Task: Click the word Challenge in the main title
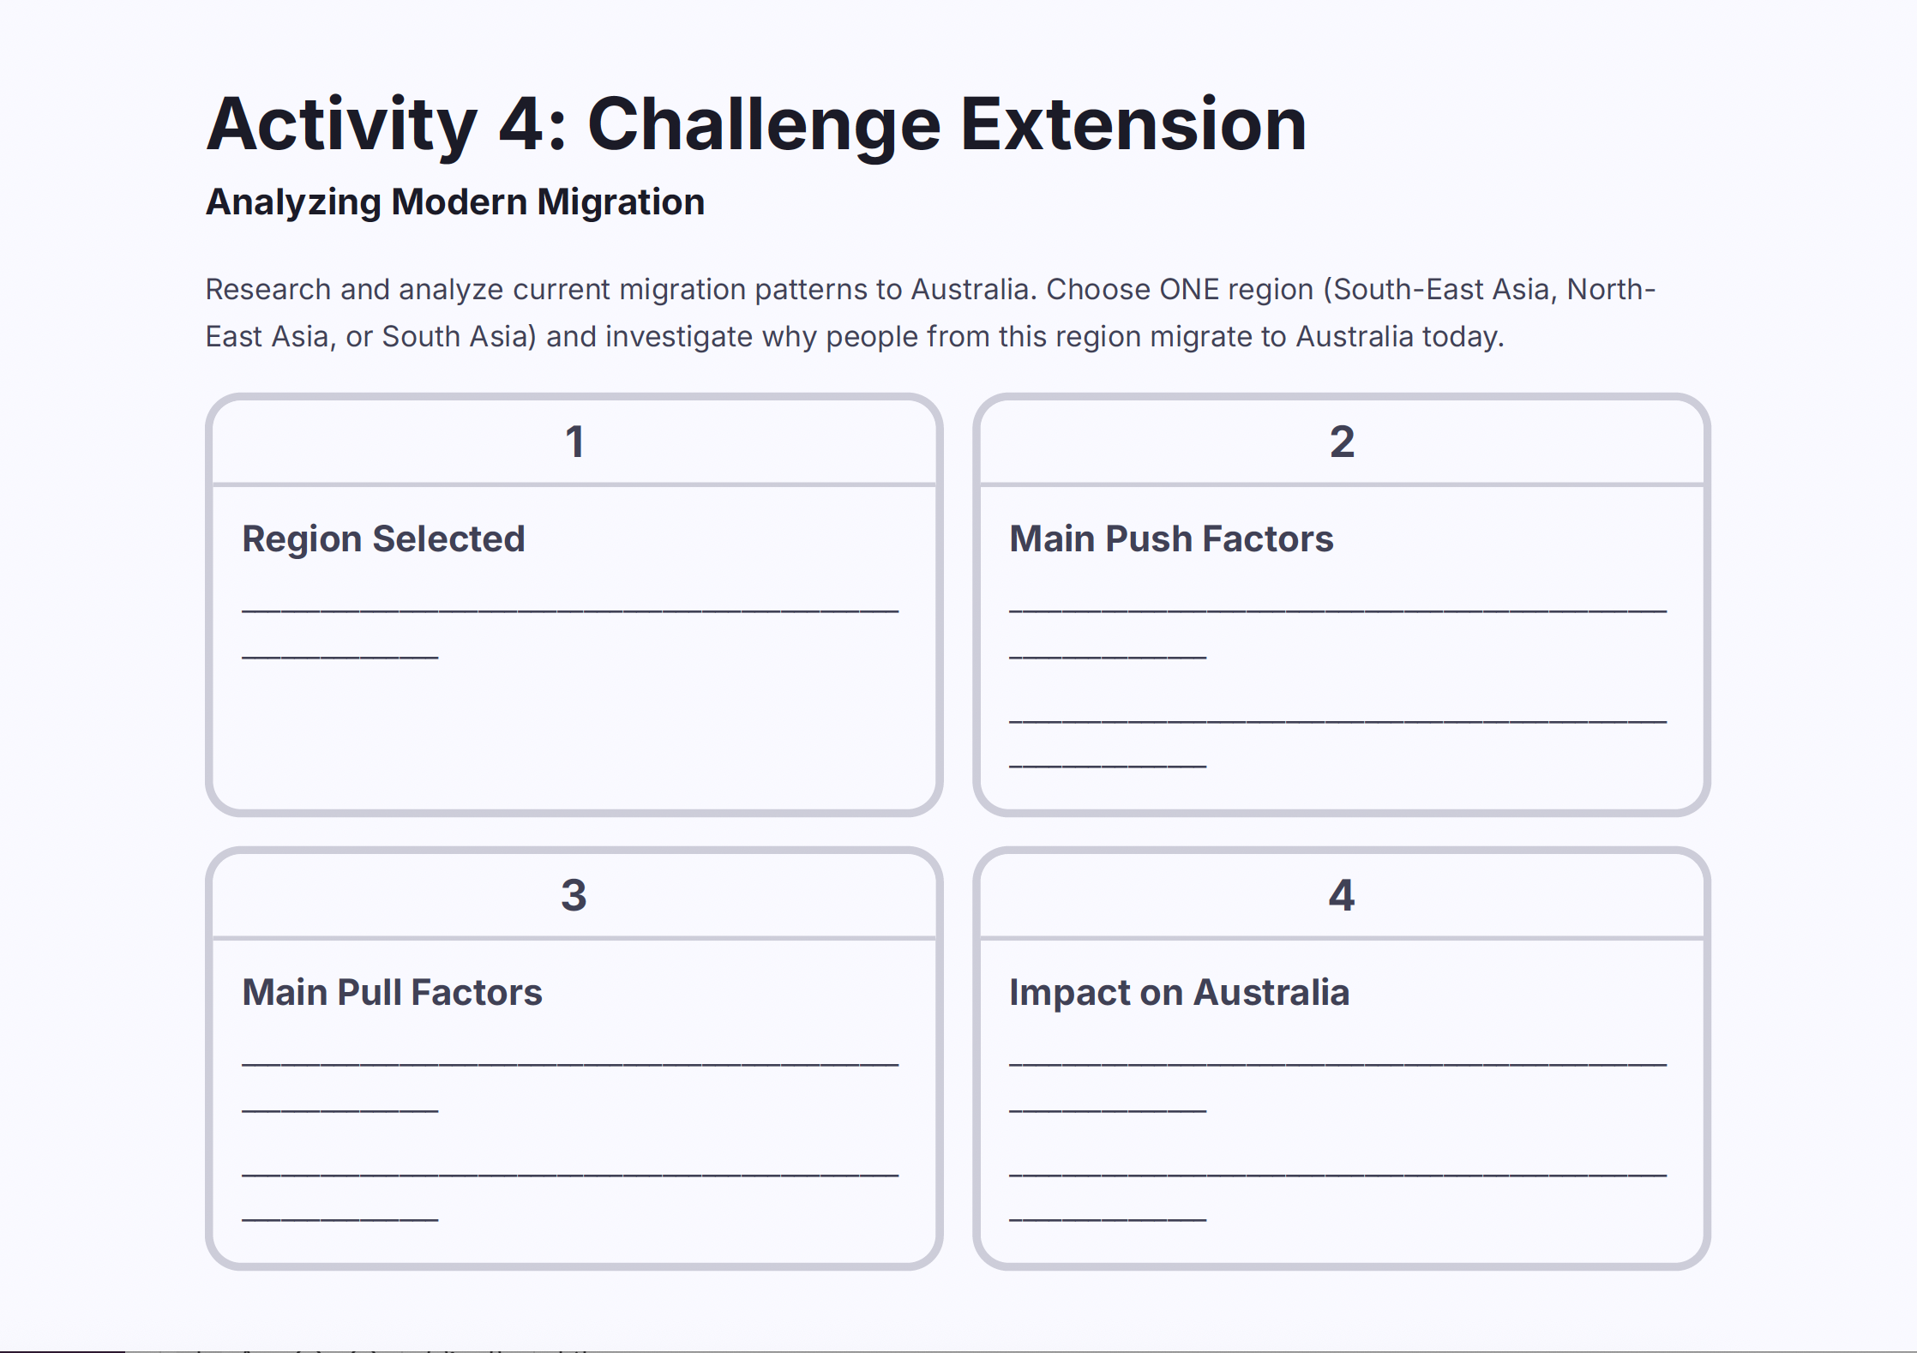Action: [764, 126]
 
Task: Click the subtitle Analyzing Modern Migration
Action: [455, 202]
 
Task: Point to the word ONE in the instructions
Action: [1189, 290]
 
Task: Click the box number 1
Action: [574, 442]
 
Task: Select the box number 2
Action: [1342, 442]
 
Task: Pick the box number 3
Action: [574, 896]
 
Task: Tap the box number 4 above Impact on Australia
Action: [1342, 896]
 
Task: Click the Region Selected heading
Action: [383, 539]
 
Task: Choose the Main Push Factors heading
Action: [1171, 539]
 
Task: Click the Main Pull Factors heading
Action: [392, 993]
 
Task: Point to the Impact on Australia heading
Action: [1179, 993]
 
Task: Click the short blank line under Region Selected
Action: [340, 657]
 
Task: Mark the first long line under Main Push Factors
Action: [1337, 610]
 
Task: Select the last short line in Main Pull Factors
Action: [340, 1218]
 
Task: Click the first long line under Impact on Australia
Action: [1337, 1064]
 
